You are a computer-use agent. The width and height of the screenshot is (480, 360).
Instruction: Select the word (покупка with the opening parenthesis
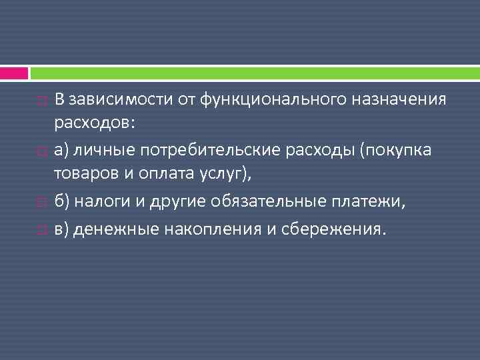(395, 150)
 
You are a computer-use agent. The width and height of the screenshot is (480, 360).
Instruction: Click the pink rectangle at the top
(14, 73)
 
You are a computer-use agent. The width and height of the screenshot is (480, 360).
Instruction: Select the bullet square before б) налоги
(42, 203)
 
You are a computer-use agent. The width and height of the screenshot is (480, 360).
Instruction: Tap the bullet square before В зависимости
(42, 101)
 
